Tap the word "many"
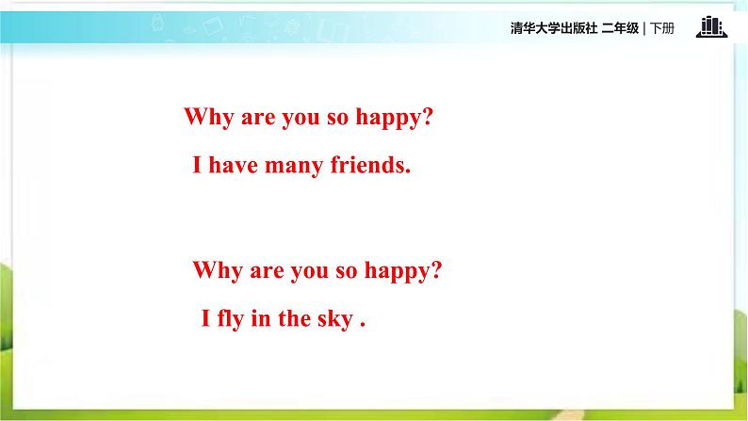(x=294, y=168)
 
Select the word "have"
(x=234, y=165)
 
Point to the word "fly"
(x=231, y=318)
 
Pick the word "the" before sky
(x=294, y=318)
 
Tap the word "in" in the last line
(x=260, y=318)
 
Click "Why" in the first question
(x=208, y=118)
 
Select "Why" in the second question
(x=218, y=270)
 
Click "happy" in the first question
(x=388, y=118)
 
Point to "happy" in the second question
(x=397, y=271)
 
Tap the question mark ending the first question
(x=428, y=116)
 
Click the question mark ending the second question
(x=436, y=269)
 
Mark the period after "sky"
(x=363, y=325)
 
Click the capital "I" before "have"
(x=197, y=165)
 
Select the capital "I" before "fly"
(x=206, y=318)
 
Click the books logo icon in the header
(x=712, y=26)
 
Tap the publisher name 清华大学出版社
(x=554, y=28)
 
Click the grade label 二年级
(x=620, y=28)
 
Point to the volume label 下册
(x=662, y=28)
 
